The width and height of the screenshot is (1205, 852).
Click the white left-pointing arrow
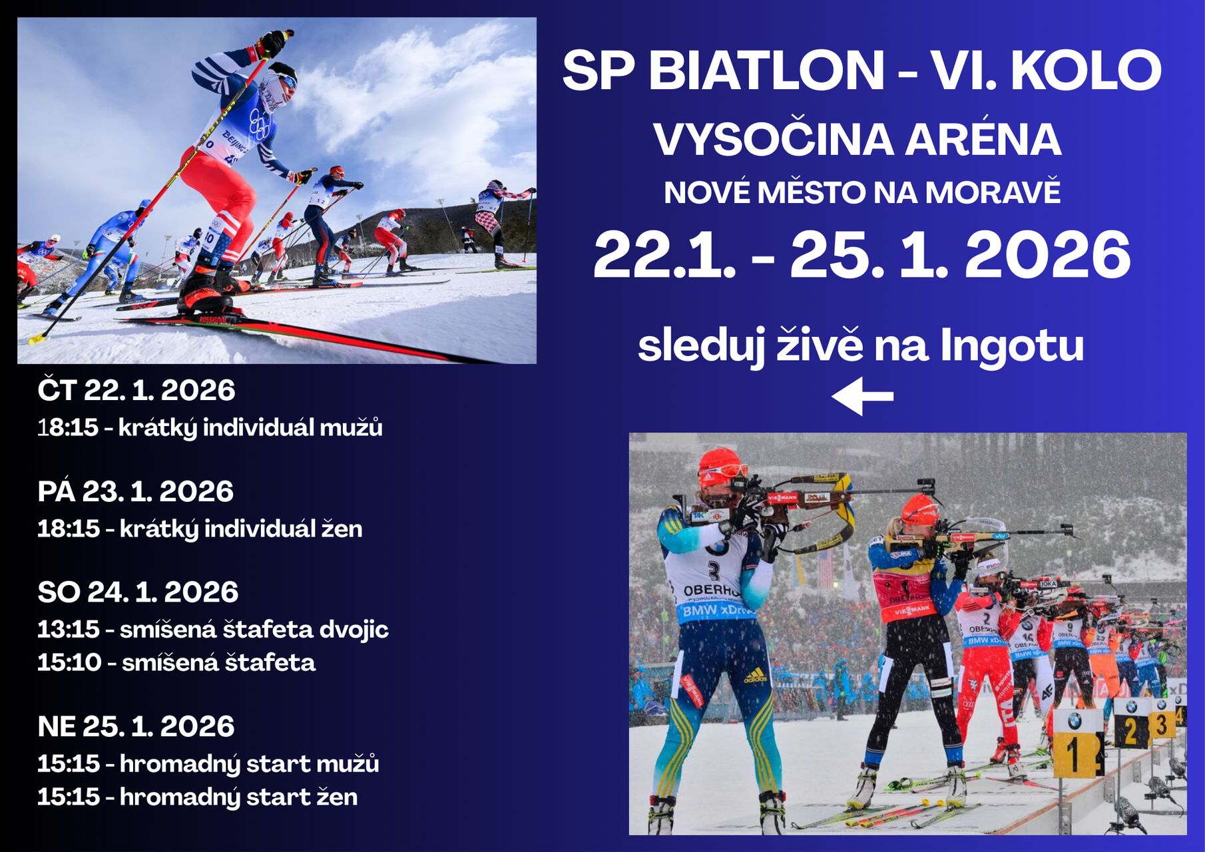(x=862, y=396)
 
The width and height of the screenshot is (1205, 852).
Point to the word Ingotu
(x=1012, y=346)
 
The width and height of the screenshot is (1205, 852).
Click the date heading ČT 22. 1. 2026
(x=136, y=390)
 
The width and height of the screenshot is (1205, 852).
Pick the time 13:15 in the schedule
(x=69, y=629)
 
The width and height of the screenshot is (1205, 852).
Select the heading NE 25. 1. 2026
(x=136, y=726)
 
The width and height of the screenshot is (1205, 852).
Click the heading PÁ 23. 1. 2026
(x=136, y=491)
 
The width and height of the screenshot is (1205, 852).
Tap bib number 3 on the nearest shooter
(x=714, y=571)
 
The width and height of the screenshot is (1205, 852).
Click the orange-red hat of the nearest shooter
(x=719, y=461)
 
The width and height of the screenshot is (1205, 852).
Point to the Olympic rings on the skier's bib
(x=259, y=124)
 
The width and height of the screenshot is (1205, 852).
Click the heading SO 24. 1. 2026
(x=138, y=592)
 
